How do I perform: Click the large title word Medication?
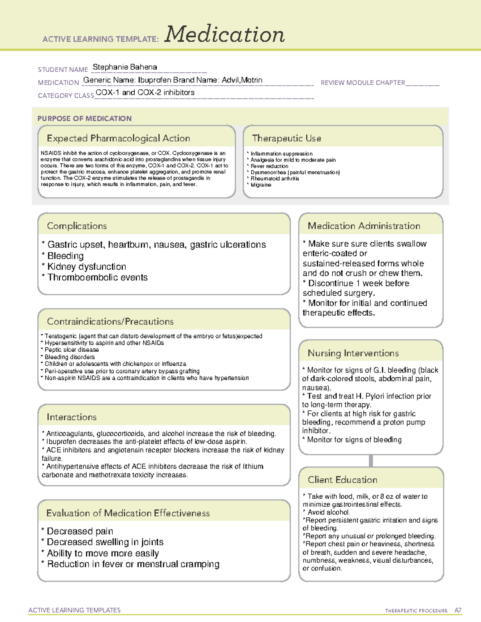point(224,34)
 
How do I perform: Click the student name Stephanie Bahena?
point(125,67)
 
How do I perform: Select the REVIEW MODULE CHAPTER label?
point(363,83)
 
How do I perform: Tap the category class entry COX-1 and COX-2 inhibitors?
point(145,93)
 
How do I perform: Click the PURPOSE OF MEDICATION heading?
point(84,119)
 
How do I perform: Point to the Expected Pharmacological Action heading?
point(118,138)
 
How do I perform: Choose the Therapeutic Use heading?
point(286,138)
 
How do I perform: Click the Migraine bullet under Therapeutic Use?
point(261,185)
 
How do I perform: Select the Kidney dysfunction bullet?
point(86,267)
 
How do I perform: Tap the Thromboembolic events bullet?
point(97,278)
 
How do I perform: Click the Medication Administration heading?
point(364,226)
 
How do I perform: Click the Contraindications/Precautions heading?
point(110,322)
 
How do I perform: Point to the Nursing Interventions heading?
point(353,353)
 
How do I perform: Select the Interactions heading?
point(71,417)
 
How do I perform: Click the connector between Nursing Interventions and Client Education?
point(371,461)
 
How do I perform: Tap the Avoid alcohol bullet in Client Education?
point(328,512)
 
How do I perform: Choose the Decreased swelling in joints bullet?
point(105,542)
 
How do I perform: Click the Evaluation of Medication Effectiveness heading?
point(128,513)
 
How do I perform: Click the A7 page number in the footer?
point(457,610)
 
